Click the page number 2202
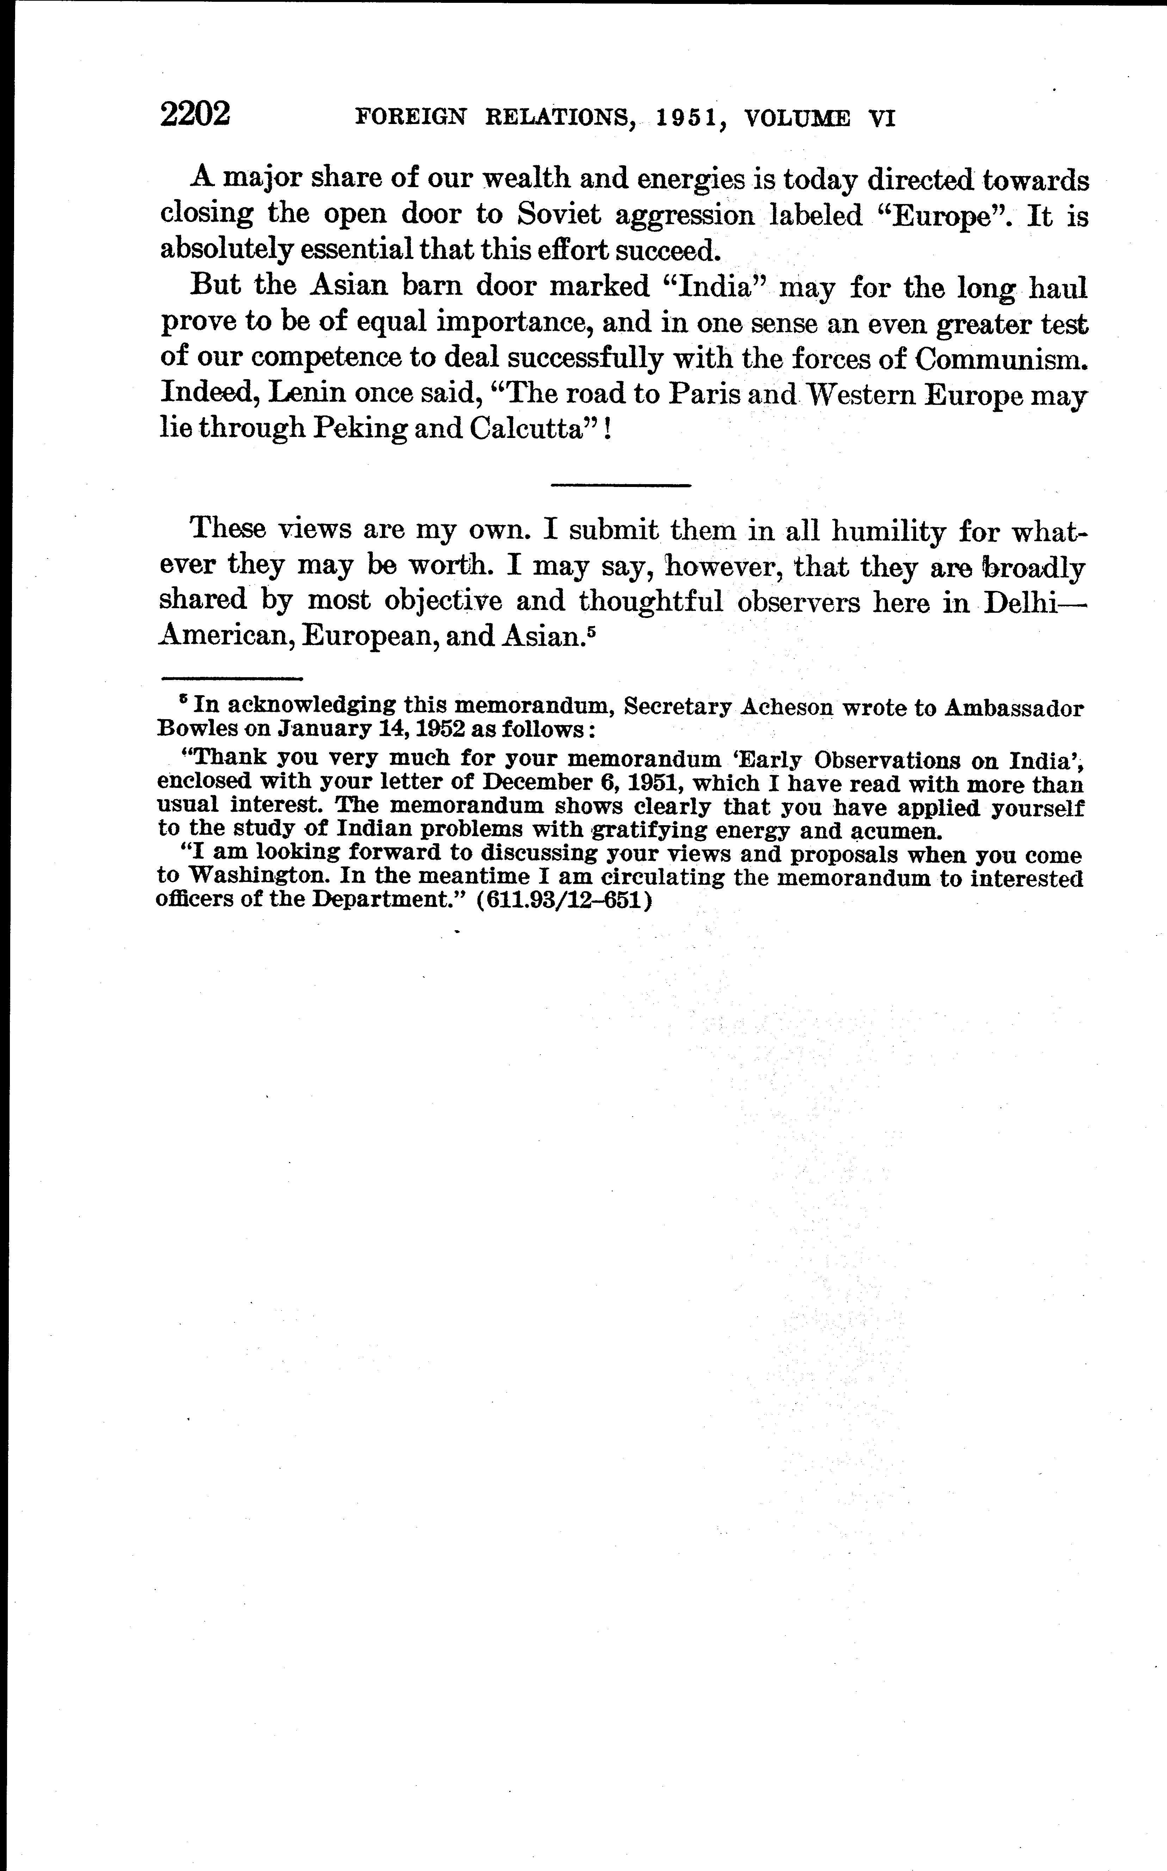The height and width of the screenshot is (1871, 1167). click(x=195, y=114)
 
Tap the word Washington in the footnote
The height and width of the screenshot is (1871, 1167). click(x=259, y=878)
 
